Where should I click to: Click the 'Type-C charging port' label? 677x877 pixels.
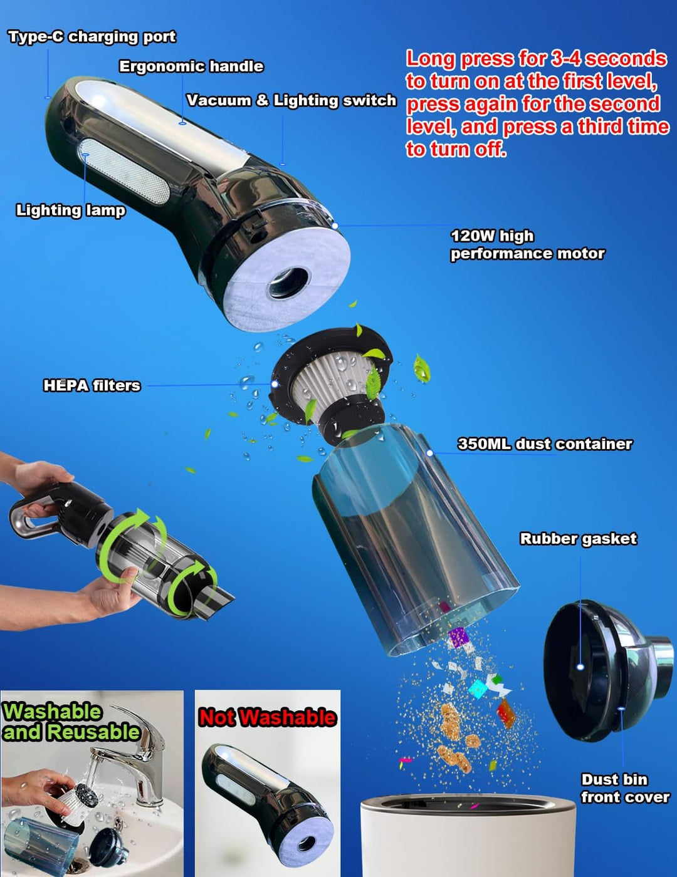[x=92, y=37]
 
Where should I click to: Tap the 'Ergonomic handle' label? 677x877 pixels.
[x=191, y=66]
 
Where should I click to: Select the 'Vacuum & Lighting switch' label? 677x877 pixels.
[x=291, y=100]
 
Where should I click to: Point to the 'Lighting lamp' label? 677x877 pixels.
[x=71, y=210]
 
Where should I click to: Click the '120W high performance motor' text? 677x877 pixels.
[x=527, y=244]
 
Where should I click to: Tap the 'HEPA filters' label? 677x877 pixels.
[x=92, y=385]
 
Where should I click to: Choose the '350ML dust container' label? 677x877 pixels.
[x=545, y=444]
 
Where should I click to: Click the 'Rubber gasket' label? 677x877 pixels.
[x=579, y=539]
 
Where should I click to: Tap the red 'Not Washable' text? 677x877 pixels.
[x=267, y=718]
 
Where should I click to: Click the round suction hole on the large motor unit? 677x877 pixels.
[x=290, y=283]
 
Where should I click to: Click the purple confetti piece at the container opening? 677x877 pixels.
[x=458, y=638]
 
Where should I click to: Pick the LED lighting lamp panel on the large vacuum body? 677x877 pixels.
[x=124, y=171]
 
